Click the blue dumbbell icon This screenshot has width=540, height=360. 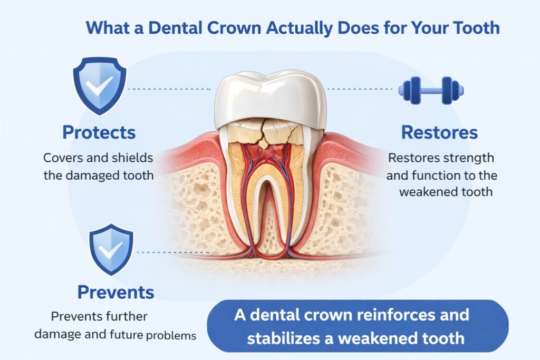(430, 90)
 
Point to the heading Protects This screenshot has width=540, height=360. (99, 132)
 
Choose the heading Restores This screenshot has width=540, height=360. (439, 132)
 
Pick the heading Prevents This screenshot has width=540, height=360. (116, 291)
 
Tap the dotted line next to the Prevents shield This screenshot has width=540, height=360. (177, 252)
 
